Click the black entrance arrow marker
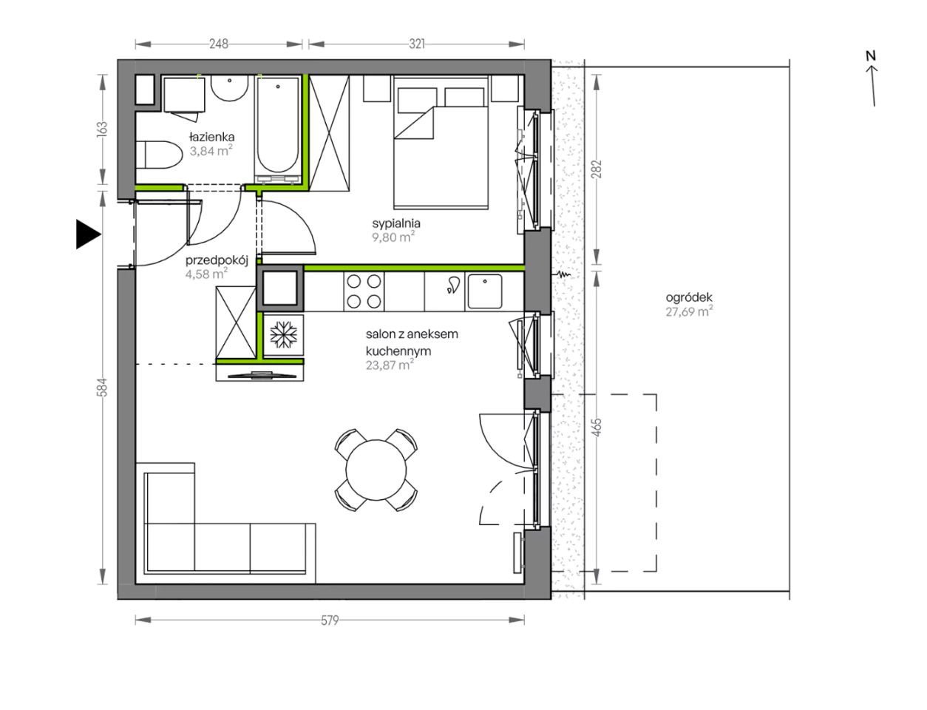(88, 234)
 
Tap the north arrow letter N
(871, 55)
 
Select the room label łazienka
(212, 138)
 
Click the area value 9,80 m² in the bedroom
(393, 237)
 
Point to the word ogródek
(689, 297)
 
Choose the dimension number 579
(330, 620)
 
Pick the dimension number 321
(417, 44)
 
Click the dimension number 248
(219, 44)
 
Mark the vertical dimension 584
(102, 388)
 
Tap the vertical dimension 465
(597, 427)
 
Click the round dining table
(376, 470)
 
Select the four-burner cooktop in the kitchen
(364, 292)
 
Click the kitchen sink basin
(485, 291)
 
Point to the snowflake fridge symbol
(283, 334)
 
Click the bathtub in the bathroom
(277, 129)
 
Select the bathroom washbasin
(229, 88)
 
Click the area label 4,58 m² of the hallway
(206, 274)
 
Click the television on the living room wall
(262, 375)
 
